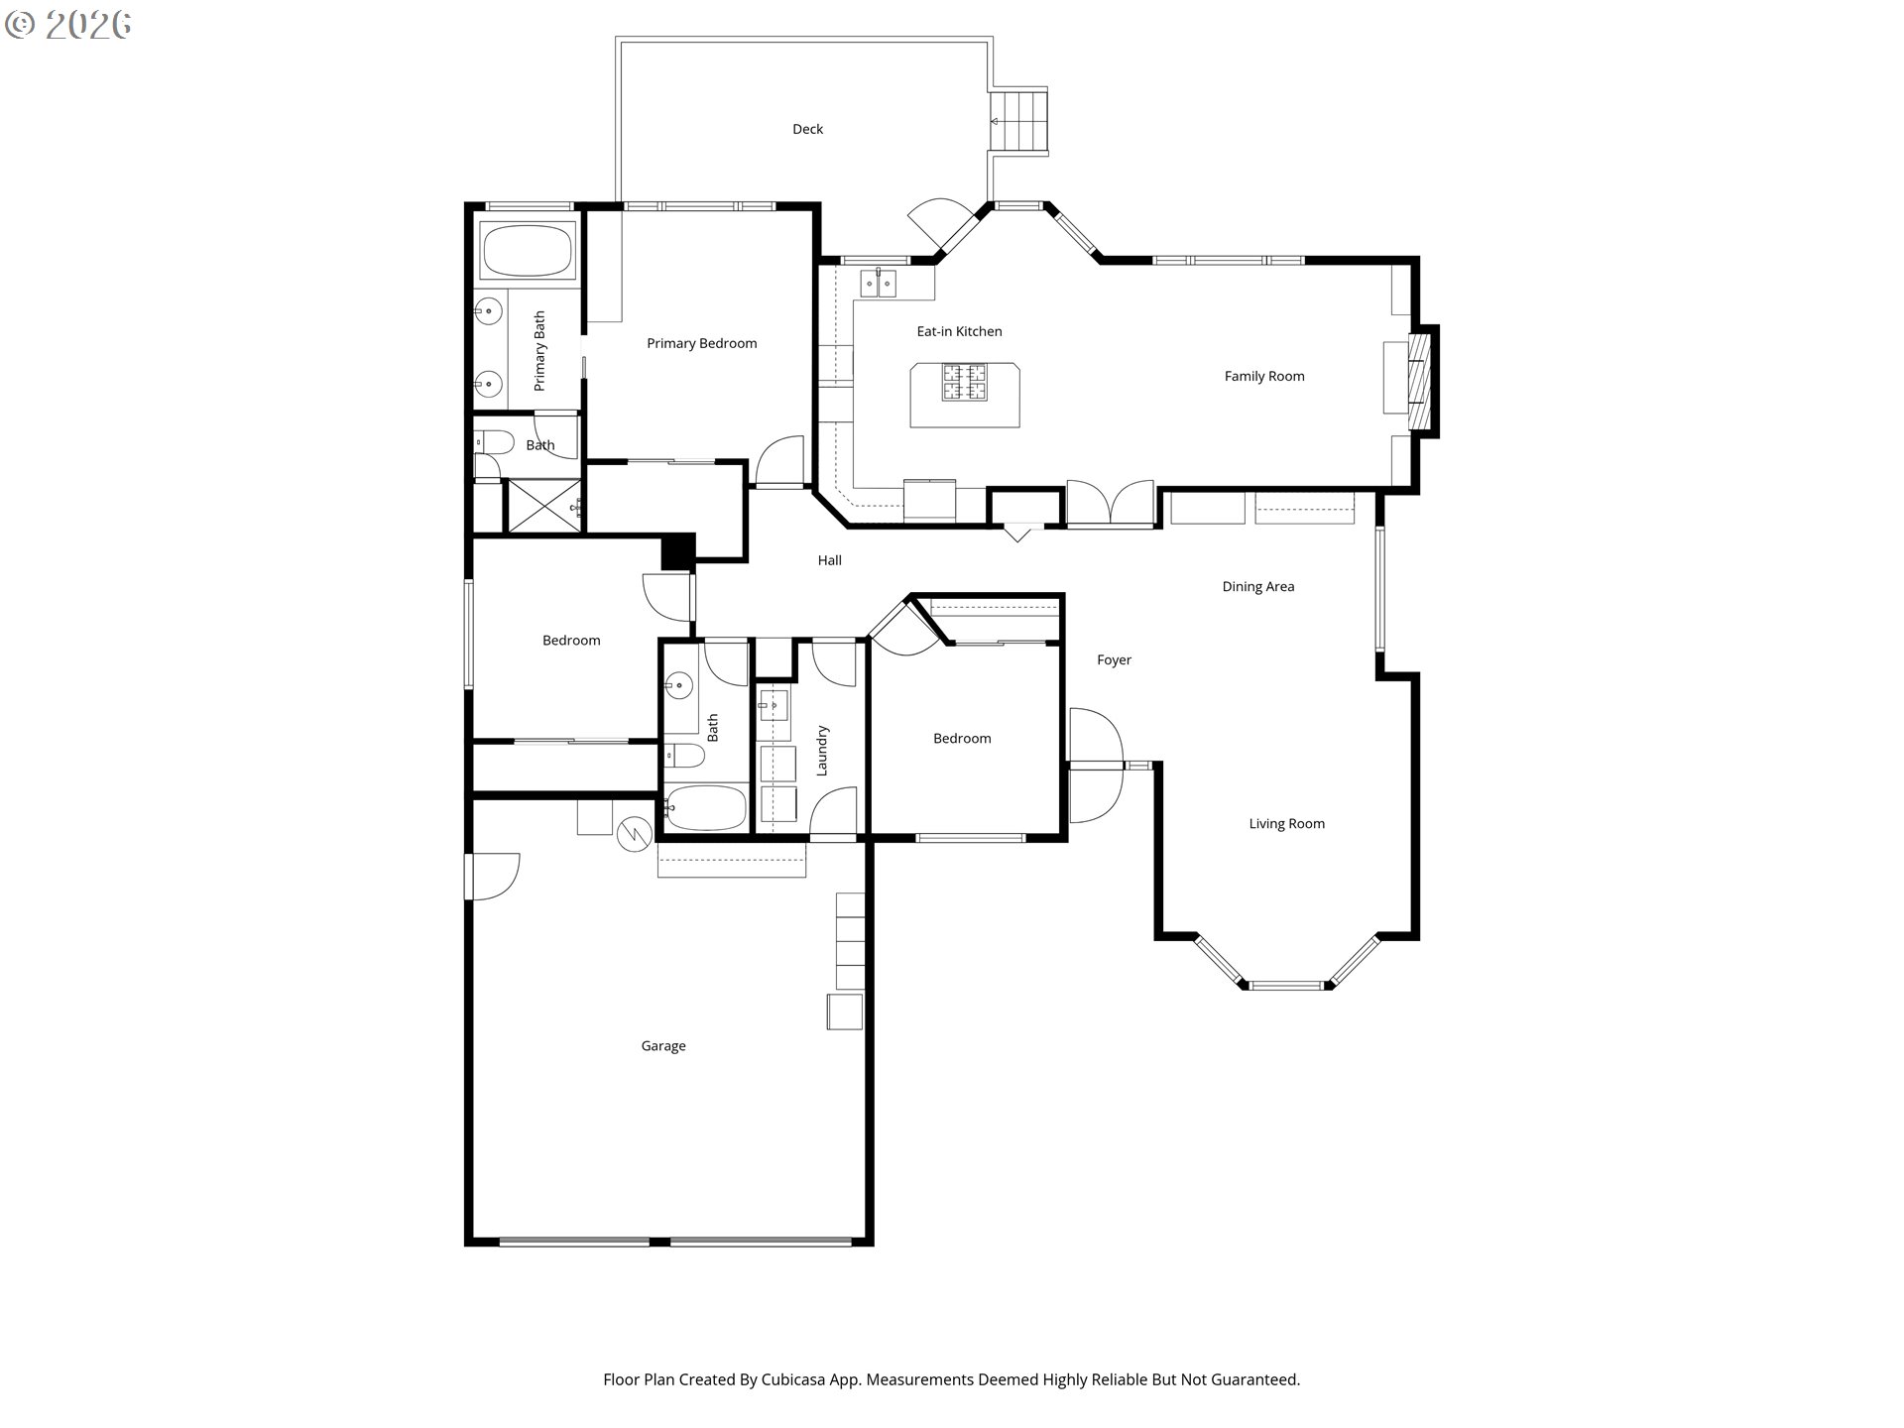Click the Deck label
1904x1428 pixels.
coord(807,129)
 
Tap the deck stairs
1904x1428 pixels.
coord(1018,121)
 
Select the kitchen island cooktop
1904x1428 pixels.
coord(965,383)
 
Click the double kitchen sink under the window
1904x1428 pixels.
coord(878,285)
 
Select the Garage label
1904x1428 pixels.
coord(663,1046)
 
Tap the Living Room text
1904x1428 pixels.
coord(1286,824)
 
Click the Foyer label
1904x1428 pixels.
coord(1114,660)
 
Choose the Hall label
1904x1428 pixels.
coord(829,561)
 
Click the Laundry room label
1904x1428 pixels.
coord(822,751)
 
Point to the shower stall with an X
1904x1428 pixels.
coord(543,506)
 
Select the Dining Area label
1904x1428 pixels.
coord(1257,587)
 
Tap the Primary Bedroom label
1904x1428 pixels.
coord(701,344)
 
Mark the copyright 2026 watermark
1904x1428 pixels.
coord(67,25)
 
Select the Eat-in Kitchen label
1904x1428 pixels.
coord(959,332)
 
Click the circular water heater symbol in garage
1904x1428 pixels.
coord(633,834)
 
